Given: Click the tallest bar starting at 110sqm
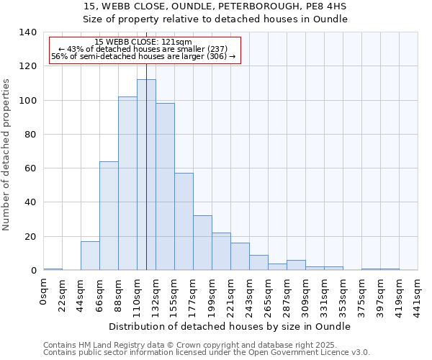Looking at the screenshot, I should click(x=146, y=175).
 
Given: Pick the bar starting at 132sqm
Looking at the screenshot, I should click(x=165, y=186).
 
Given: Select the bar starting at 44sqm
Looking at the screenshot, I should click(x=90, y=256).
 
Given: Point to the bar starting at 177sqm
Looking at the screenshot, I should click(x=202, y=243).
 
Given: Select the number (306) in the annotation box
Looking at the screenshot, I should click(x=216, y=56).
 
